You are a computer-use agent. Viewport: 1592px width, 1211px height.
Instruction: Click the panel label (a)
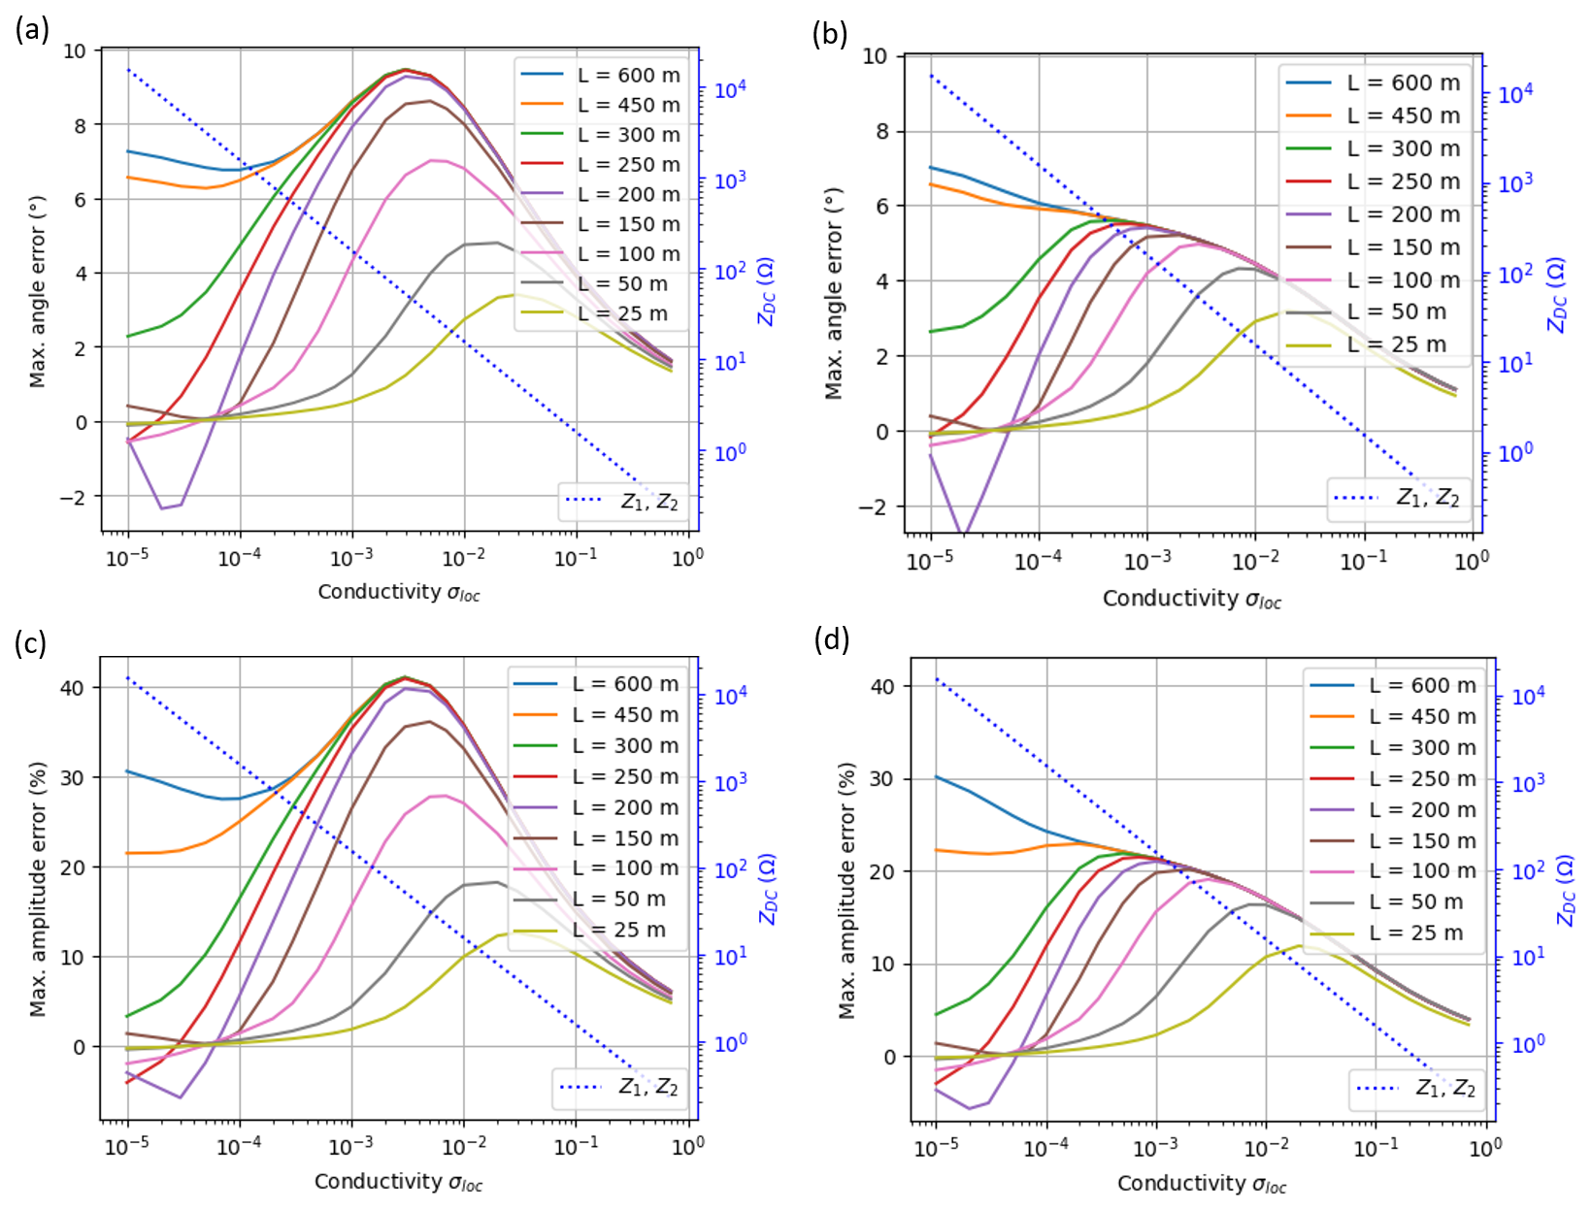(x=32, y=30)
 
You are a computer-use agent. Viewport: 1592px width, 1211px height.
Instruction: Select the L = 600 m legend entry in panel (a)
(x=602, y=75)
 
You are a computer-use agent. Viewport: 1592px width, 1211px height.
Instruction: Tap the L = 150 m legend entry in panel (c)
(x=596, y=837)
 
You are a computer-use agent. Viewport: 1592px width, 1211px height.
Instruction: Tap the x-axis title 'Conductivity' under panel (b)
(x=1191, y=599)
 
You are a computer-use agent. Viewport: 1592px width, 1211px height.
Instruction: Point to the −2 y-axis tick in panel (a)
(x=81, y=497)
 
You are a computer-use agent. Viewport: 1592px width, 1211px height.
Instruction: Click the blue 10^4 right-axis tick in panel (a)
(x=730, y=90)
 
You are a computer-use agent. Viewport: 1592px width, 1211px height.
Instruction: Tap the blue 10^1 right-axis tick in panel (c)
(x=730, y=957)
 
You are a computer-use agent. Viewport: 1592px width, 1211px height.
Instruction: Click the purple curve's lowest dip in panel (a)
(x=162, y=507)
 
